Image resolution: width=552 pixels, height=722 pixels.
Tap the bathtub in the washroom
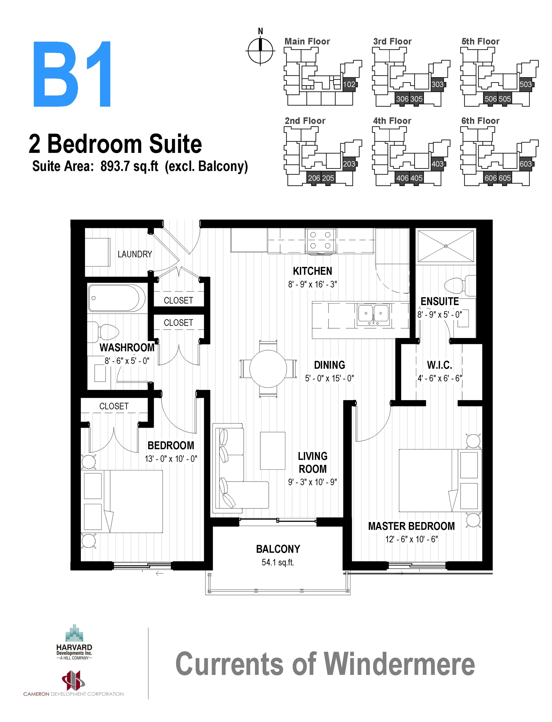[117, 298]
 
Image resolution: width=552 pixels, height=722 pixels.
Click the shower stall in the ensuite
[446, 246]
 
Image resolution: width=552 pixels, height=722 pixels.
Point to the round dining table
[268, 369]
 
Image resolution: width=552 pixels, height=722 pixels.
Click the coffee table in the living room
[272, 450]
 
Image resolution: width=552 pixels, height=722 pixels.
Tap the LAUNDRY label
[135, 254]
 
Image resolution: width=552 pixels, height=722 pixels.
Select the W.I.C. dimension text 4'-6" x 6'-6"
[440, 378]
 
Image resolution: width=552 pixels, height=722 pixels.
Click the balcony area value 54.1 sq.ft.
[278, 562]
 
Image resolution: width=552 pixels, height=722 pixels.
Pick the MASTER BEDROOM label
[411, 526]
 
